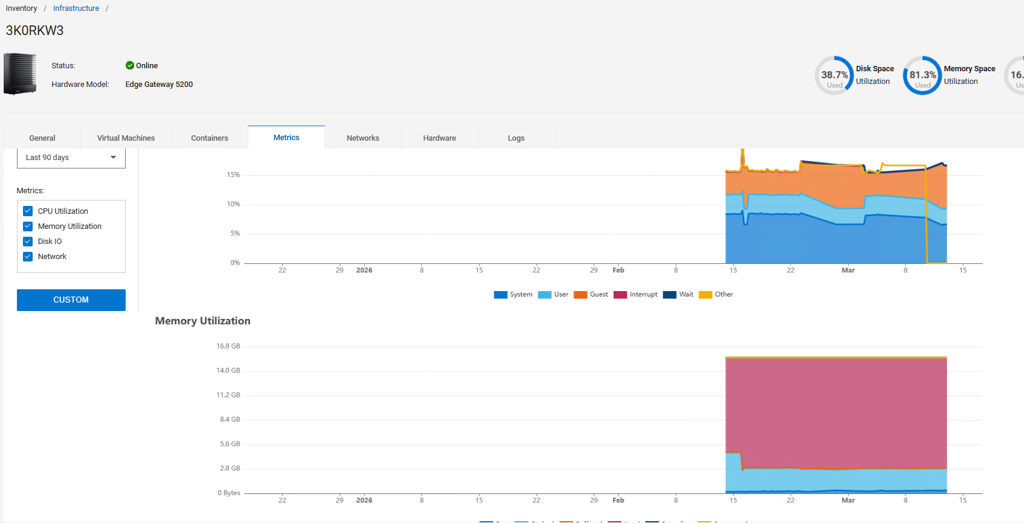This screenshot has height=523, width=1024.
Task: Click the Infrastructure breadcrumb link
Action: tap(76, 8)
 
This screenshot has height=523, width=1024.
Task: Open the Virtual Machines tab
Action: tap(126, 138)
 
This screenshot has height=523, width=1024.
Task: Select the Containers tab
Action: tap(210, 138)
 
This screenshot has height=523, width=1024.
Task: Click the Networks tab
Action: tap(363, 138)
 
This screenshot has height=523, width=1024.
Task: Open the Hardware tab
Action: tap(439, 138)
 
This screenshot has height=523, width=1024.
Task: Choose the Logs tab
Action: tap(516, 138)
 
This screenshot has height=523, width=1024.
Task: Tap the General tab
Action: tap(42, 138)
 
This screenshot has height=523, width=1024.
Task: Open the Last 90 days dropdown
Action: tap(71, 158)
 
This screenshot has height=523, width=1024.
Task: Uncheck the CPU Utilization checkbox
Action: tap(28, 211)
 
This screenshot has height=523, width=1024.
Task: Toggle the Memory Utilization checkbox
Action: tap(28, 226)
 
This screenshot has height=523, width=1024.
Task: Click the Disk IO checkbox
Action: tap(28, 242)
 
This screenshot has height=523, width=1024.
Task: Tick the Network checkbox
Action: tap(28, 257)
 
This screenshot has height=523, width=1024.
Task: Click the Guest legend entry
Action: tap(591, 295)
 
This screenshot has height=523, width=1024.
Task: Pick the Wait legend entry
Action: tap(678, 295)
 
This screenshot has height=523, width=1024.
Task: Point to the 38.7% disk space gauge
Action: tap(834, 75)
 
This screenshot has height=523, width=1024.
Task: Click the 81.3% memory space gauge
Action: tap(923, 75)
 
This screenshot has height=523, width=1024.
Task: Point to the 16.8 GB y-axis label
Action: tap(228, 346)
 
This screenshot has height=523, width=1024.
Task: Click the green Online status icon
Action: tap(130, 66)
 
